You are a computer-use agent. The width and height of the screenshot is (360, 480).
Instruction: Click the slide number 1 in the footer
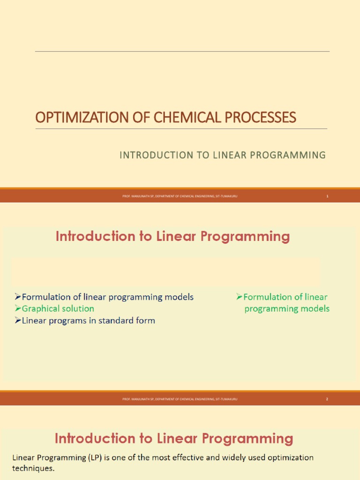point(327,196)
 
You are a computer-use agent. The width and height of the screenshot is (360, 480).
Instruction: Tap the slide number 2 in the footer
point(327,399)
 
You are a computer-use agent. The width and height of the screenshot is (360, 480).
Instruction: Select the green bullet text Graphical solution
point(58,308)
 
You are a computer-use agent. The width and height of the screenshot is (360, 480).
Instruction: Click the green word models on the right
point(316,308)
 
